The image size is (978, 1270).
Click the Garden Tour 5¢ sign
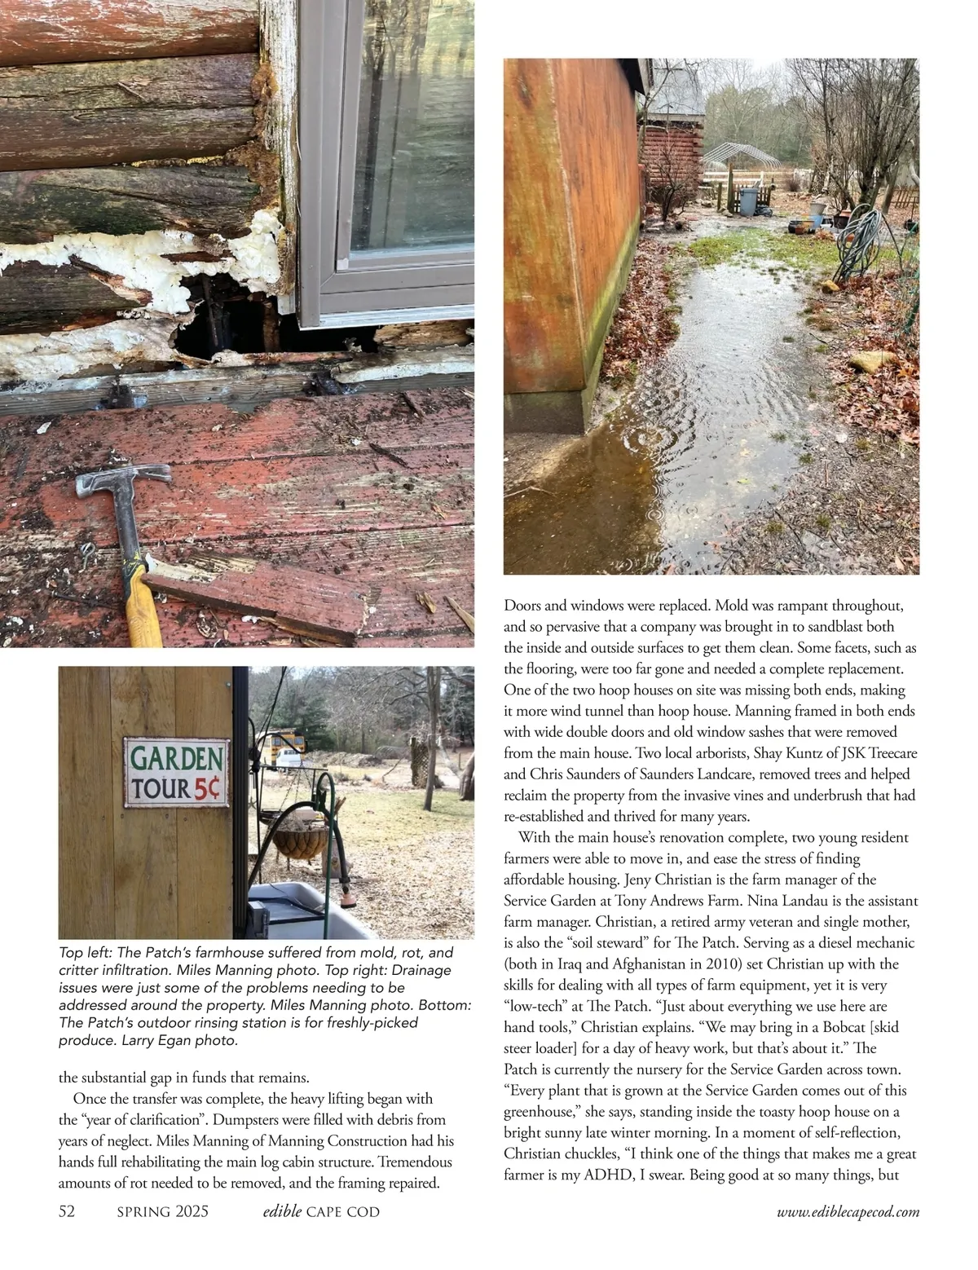[176, 773]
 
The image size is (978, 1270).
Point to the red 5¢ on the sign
[210, 788]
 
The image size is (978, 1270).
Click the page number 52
[67, 1211]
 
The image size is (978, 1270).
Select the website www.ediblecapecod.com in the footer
[848, 1212]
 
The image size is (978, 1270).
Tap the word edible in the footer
[282, 1211]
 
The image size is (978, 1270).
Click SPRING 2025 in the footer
[162, 1211]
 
